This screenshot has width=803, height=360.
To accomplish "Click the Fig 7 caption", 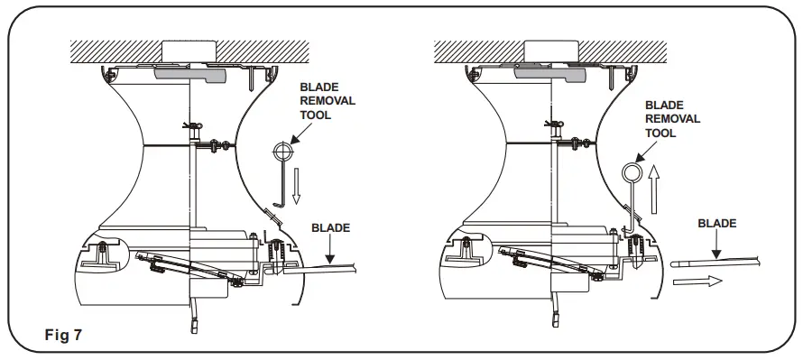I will click(x=64, y=335).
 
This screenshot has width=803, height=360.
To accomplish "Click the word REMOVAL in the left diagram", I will click(x=329, y=101).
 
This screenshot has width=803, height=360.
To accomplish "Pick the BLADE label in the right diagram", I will click(x=717, y=223).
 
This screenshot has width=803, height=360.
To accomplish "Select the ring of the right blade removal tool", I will click(x=631, y=170).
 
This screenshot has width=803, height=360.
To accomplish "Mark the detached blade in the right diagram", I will click(x=722, y=263).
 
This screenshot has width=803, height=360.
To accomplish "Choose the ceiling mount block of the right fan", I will click(x=550, y=50).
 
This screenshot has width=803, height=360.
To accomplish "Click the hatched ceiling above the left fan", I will click(x=108, y=50).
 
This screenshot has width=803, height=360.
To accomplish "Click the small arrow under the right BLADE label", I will click(x=715, y=245).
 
